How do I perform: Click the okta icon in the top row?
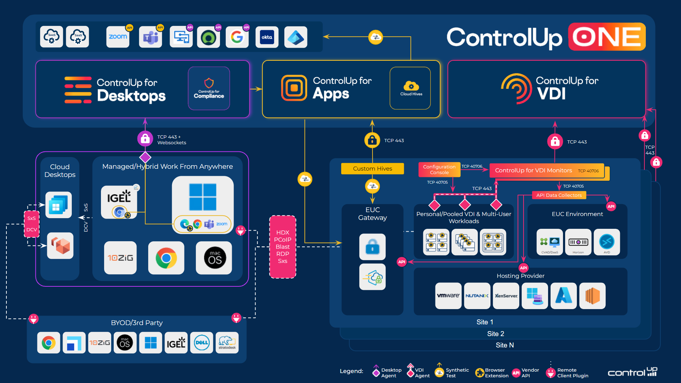click(x=267, y=37)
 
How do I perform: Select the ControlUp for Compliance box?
click(x=209, y=88)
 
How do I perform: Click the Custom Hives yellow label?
click(x=372, y=168)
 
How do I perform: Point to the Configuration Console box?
click(x=439, y=169)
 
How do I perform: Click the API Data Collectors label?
click(x=559, y=195)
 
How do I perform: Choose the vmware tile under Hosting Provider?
click(x=448, y=296)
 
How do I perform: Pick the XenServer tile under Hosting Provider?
click(x=506, y=296)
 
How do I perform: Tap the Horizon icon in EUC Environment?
click(x=578, y=242)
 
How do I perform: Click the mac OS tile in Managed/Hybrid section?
click(x=215, y=258)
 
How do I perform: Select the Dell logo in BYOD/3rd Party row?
click(x=202, y=342)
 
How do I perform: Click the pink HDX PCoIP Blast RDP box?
click(x=283, y=247)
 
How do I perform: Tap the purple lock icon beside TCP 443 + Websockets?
click(x=145, y=139)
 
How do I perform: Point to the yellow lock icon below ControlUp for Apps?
click(x=372, y=140)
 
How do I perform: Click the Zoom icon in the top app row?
click(x=118, y=37)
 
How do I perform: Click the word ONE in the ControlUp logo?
click(x=607, y=37)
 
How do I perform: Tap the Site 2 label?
click(x=495, y=334)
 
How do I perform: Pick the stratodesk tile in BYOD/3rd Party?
click(x=227, y=342)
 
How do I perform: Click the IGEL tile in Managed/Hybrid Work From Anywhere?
click(x=119, y=202)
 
